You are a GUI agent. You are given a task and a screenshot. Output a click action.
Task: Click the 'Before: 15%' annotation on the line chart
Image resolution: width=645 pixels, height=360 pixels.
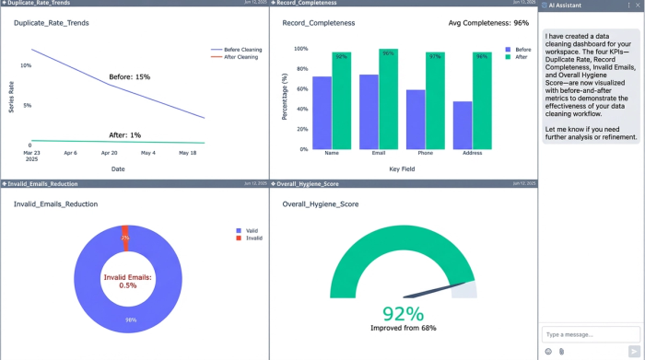(129, 76)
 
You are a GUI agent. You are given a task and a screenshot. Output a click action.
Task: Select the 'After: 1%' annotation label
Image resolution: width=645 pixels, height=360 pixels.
(124, 134)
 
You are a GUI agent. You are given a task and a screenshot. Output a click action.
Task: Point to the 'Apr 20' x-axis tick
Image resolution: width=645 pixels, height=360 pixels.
(109, 153)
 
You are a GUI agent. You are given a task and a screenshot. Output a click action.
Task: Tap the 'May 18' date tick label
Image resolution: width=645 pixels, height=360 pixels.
(188, 153)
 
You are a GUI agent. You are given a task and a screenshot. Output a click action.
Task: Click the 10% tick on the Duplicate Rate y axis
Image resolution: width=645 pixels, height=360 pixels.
(26, 65)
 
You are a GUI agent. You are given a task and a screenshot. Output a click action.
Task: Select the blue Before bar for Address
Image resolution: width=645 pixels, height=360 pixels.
(463, 125)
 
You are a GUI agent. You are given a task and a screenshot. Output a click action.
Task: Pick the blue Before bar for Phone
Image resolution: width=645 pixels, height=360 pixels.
(416, 119)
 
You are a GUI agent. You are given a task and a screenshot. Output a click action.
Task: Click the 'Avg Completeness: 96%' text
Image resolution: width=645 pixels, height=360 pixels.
(488, 22)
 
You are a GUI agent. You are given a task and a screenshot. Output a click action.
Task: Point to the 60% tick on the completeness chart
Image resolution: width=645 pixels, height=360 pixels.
(300, 88)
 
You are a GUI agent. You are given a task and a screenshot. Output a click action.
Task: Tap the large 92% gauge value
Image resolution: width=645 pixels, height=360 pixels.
(403, 313)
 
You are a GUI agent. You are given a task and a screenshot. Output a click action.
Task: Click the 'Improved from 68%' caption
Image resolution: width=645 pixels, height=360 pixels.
(403, 328)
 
